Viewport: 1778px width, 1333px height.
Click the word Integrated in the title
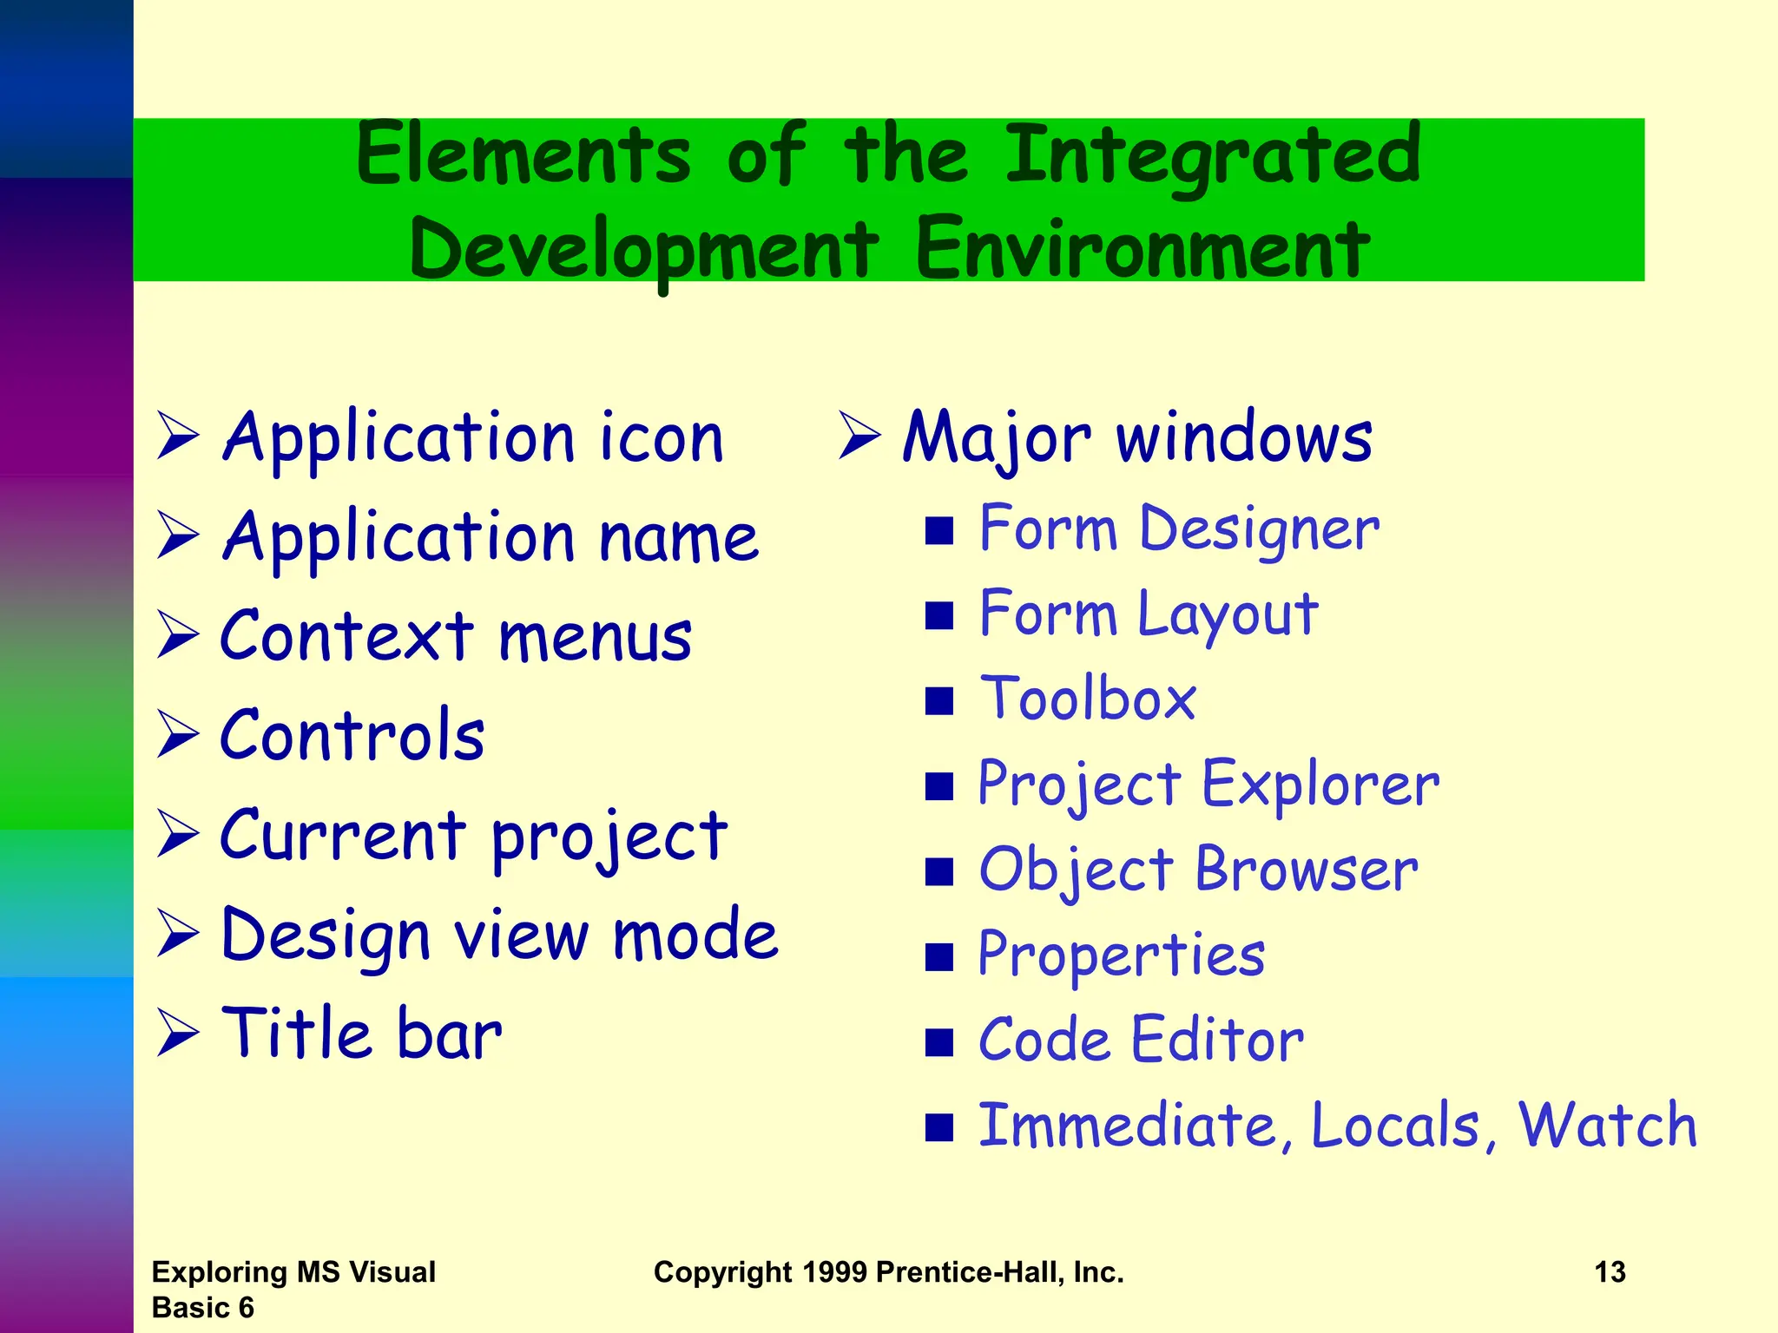(1213, 156)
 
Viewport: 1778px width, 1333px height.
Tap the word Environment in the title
(1143, 250)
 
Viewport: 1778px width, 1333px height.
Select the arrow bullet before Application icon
(178, 436)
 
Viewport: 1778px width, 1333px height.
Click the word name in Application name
(679, 538)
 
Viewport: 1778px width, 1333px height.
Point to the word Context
(346, 636)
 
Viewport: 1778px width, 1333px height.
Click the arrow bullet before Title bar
(178, 1033)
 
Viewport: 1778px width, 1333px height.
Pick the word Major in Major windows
(996, 438)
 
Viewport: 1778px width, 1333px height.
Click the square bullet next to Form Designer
(939, 530)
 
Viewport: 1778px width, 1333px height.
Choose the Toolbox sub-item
(1088, 699)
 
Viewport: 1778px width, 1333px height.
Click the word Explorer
(1320, 785)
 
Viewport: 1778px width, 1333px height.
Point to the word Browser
(1307, 870)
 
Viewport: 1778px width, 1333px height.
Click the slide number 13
(1610, 1272)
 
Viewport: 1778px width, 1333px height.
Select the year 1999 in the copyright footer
(834, 1272)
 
